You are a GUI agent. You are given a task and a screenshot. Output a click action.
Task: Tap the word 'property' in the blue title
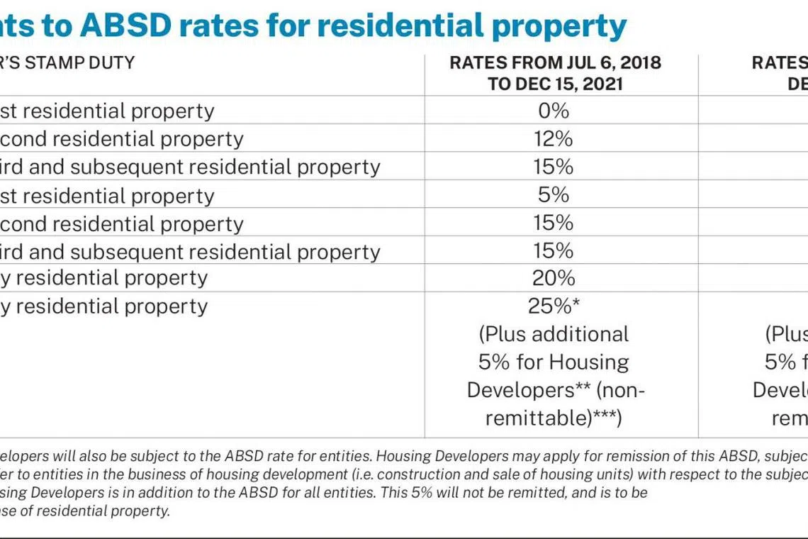coord(557,26)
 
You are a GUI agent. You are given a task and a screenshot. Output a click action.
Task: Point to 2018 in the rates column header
coord(636,63)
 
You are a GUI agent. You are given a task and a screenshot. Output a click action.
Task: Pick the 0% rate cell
coord(554,111)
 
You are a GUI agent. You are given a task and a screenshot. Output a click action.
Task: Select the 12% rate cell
coord(554,138)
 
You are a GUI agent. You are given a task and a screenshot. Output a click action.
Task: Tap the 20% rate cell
coord(554,277)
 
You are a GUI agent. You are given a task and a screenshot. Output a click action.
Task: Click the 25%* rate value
coord(554,306)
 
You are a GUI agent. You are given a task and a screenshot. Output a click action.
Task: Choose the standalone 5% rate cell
coord(554,194)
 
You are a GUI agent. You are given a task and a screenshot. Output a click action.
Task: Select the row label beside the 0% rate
coord(107,111)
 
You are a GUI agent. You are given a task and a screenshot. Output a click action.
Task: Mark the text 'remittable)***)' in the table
coord(554,418)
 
